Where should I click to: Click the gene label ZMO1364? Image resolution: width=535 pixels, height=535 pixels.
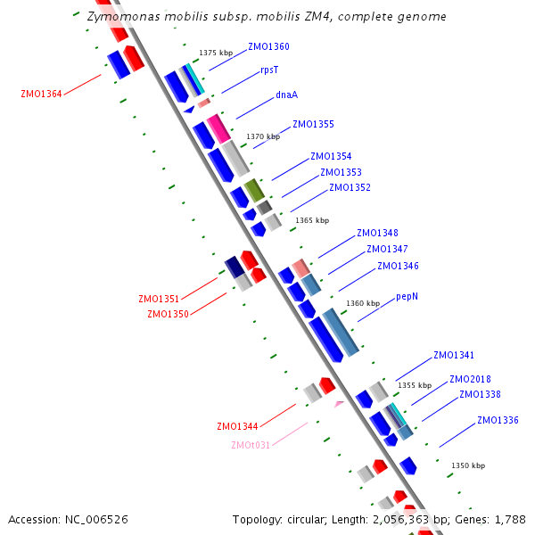pos(41,94)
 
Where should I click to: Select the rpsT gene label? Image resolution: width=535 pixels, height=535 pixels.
pos(269,70)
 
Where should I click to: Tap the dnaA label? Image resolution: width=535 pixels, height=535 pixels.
pos(286,94)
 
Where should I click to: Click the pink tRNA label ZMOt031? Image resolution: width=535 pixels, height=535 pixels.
pos(251,445)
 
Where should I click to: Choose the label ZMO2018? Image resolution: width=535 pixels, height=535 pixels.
pos(470,379)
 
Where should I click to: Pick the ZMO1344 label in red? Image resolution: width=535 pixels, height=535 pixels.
pos(237,427)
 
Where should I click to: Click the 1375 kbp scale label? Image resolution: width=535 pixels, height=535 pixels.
pos(216,53)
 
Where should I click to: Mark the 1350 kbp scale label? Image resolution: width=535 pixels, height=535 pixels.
pos(468,465)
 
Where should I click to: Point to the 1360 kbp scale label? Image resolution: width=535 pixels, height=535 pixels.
pos(363,303)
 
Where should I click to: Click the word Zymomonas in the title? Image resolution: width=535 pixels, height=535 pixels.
pos(119,17)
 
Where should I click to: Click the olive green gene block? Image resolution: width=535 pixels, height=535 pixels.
pos(254,189)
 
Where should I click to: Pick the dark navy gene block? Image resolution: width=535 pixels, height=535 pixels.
pos(235,266)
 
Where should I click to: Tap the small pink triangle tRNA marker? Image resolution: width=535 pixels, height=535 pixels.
pos(338,404)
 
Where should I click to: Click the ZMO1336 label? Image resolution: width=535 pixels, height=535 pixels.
pos(498,420)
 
